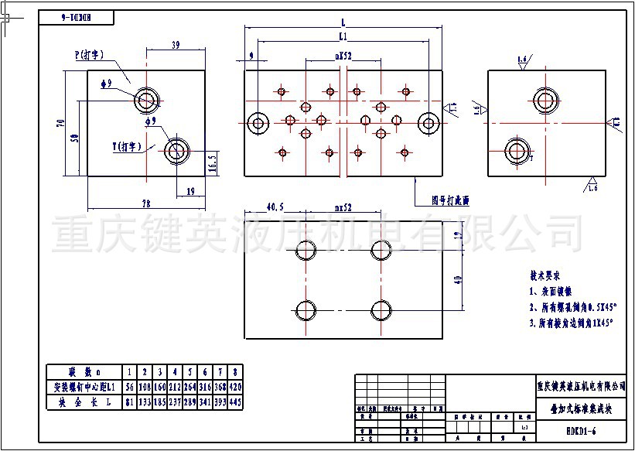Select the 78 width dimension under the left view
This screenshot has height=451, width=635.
(x=145, y=203)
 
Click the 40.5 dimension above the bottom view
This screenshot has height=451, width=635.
(x=275, y=207)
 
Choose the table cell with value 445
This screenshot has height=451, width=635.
(x=235, y=402)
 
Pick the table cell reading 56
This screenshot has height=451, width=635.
(x=131, y=387)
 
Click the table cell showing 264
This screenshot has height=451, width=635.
(x=189, y=387)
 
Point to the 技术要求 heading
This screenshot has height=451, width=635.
(x=545, y=275)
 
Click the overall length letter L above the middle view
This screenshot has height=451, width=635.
(x=342, y=22)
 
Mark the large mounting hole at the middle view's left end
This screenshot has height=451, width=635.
(x=258, y=121)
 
